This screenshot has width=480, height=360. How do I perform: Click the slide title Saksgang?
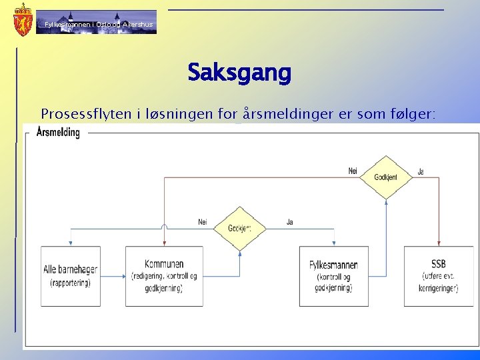pyautogui.click(x=239, y=72)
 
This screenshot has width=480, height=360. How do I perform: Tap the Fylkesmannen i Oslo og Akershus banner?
pyautogui.click(x=97, y=23)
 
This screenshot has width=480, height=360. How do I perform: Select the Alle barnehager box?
pyautogui.click(x=70, y=276)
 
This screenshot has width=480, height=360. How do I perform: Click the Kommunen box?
pyautogui.click(x=164, y=276)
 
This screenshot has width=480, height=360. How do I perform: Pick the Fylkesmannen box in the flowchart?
pyautogui.click(x=333, y=276)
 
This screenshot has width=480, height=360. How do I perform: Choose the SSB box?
pyautogui.click(x=439, y=276)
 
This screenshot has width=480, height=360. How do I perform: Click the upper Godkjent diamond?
pyautogui.click(x=386, y=177)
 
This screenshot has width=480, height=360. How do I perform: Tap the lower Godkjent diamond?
pyautogui.click(x=239, y=228)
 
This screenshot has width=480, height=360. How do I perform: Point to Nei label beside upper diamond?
pyautogui.click(x=353, y=171)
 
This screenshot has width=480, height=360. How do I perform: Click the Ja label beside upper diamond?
pyautogui.click(x=421, y=171)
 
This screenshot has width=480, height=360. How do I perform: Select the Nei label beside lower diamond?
pyautogui.click(x=202, y=222)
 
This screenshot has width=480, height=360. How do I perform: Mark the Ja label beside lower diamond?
pyautogui.click(x=289, y=222)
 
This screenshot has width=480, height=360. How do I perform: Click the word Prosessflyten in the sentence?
pyautogui.click(x=76, y=115)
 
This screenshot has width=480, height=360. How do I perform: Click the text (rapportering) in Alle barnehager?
pyautogui.click(x=70, y=283)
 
